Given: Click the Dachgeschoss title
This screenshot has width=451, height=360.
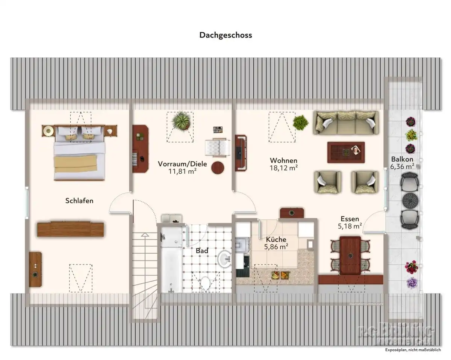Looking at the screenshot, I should click(x=225, y=35).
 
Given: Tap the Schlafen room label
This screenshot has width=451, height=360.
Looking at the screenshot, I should click(x=79, y=201).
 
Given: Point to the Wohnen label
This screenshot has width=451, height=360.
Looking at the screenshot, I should click(x=284, y=160).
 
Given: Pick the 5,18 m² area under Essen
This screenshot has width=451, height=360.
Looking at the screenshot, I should click(x=350, y=226).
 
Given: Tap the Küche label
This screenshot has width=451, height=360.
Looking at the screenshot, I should click(x=276, y=239).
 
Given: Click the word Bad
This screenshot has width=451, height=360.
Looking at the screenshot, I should click(x=202, y=251).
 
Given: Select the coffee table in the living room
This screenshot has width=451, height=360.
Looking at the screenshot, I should click(x=346, y=152).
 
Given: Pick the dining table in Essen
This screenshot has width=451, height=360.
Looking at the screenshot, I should click(x=350, y=255).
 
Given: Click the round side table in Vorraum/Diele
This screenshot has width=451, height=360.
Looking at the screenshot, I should click(x=218, y=167).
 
